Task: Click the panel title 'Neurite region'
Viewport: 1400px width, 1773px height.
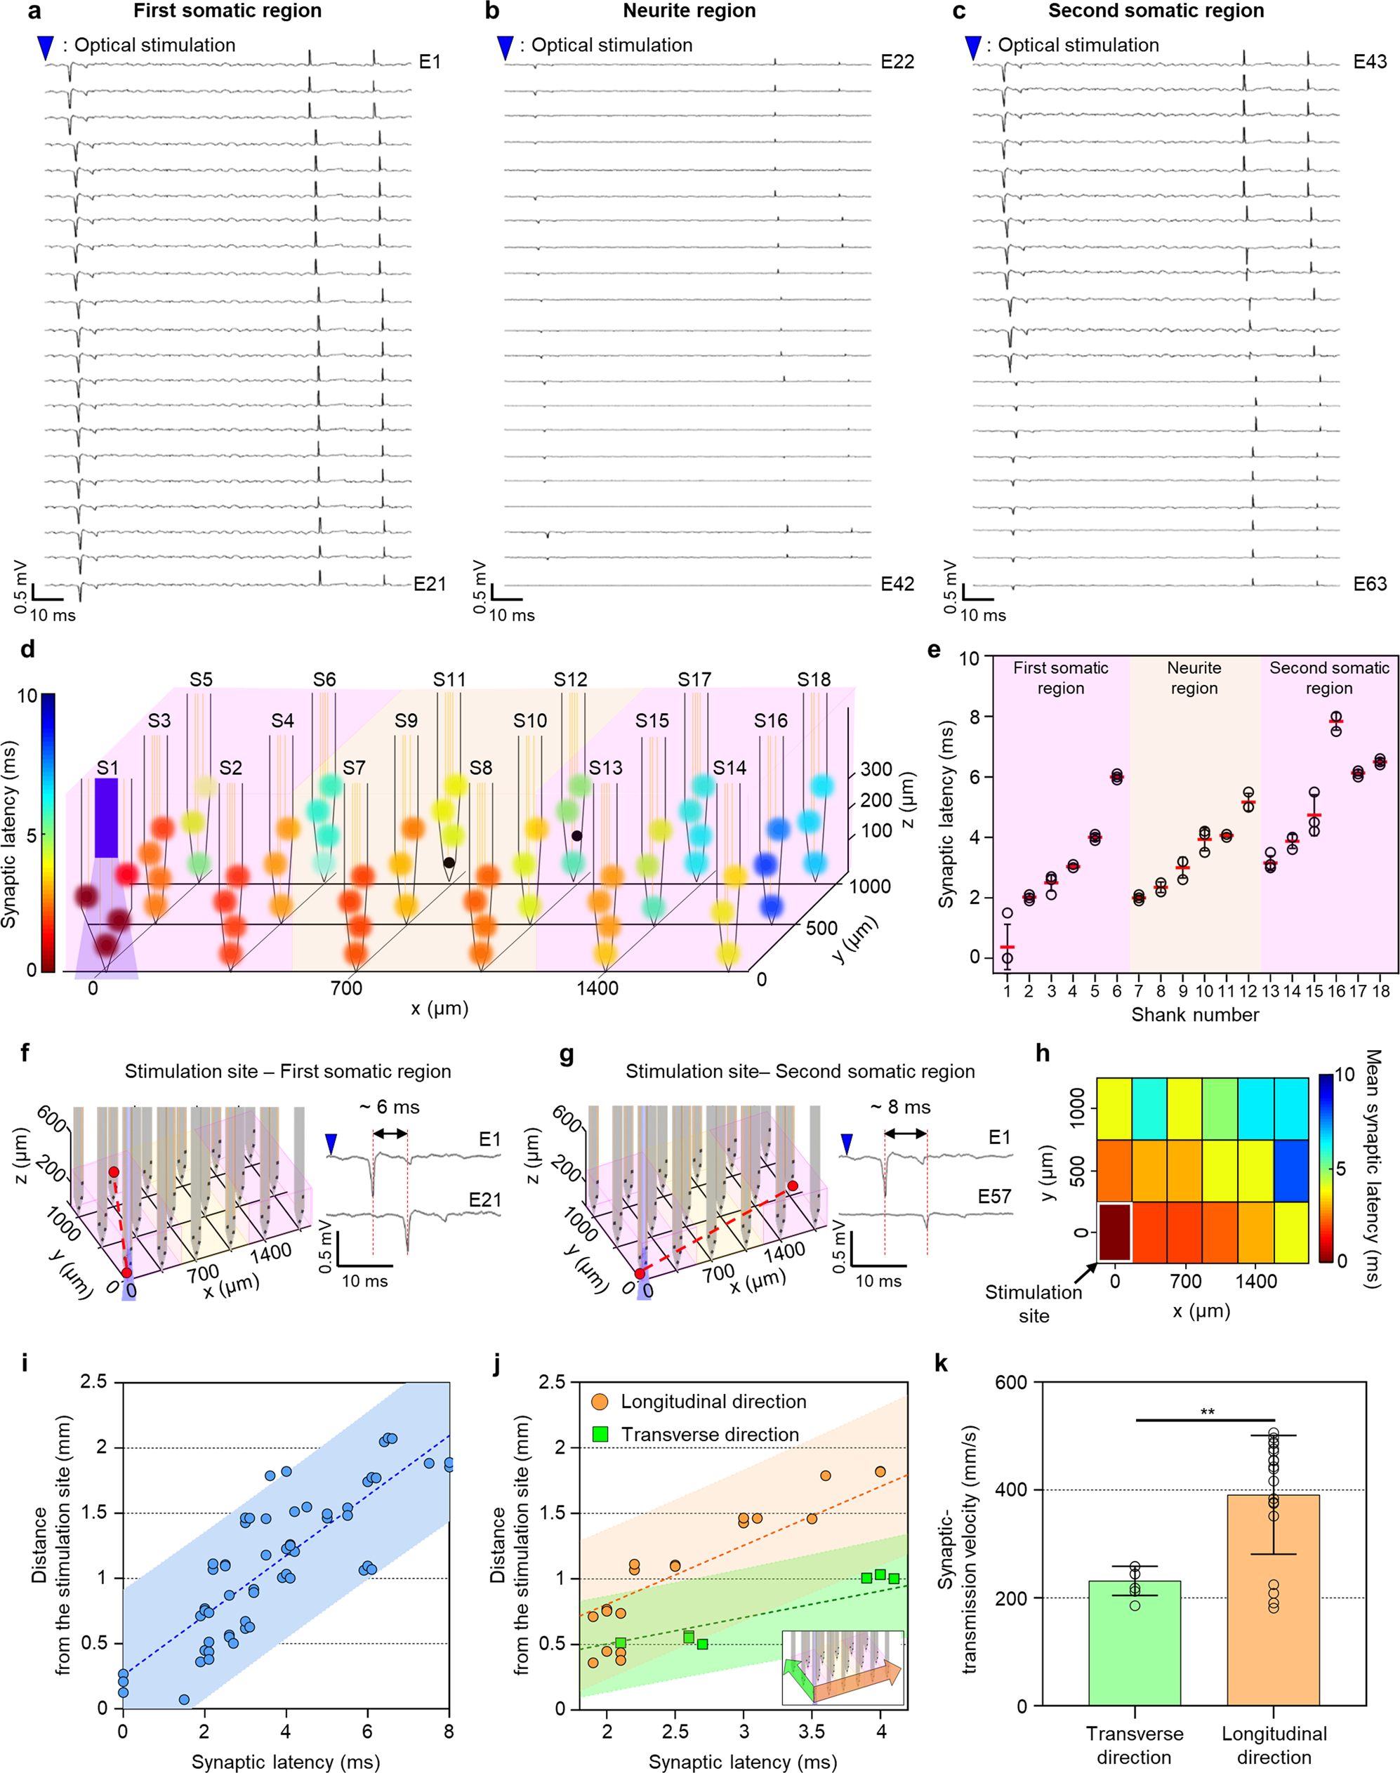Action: pos(689,11)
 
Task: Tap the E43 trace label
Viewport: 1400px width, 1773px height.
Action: pos(1369,62)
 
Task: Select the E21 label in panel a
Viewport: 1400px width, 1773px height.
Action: pos(429,584)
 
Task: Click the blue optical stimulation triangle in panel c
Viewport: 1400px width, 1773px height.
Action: pos(973,48)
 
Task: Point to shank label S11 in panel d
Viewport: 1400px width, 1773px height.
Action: pos(449,680)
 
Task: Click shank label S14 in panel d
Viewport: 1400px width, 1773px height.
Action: pos(729,769)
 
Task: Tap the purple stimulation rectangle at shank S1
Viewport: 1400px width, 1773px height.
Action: pos(107,818)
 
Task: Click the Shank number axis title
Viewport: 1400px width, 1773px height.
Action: pos(1194,1015)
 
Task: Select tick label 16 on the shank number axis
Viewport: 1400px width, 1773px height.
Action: pos(1336,991)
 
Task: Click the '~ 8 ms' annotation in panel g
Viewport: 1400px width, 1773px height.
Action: pos(900,1108)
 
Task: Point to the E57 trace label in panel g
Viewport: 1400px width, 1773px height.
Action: pos(993,1197)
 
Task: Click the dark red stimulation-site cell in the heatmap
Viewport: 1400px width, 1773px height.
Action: pos(1114,1231)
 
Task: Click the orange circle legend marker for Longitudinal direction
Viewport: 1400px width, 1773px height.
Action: pos(599,1402)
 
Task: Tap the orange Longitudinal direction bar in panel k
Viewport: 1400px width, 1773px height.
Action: pos(1273,1606)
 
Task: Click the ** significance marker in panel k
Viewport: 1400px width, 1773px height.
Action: pos(1206,1412)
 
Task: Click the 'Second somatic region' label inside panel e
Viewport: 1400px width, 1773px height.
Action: pos(1328,677)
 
